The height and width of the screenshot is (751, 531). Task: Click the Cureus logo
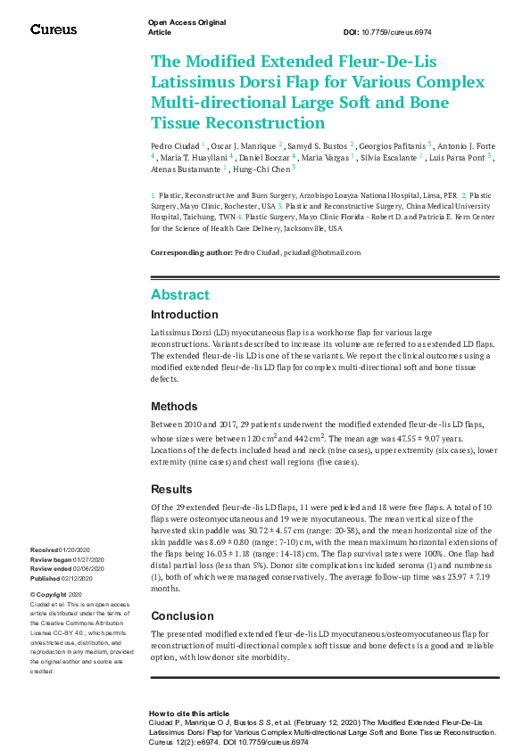pos(54,29)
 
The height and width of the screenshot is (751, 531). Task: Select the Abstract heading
pos(179,294)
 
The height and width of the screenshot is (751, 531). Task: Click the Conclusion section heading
pos(182,615)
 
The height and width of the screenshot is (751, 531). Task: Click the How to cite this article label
pos(189,714)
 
